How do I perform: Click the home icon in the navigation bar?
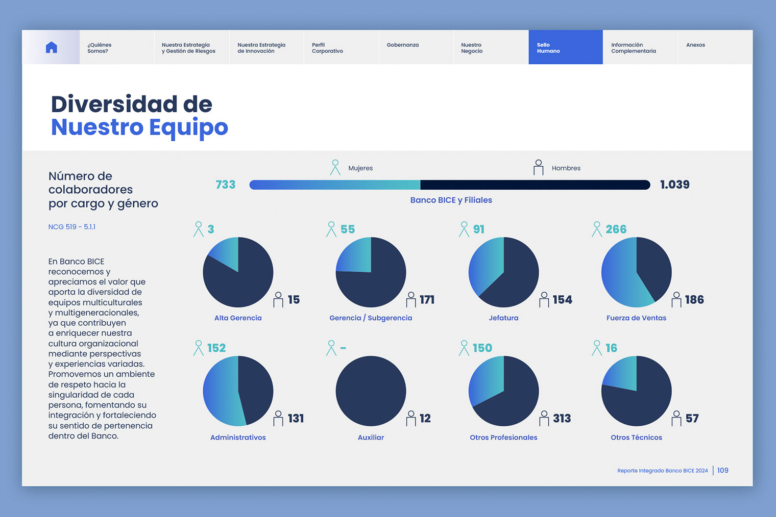(x=51, y=47)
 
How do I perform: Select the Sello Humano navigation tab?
(x=565, y=47)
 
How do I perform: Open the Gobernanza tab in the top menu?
(x=403, y=45)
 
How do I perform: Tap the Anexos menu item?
(x=695, y=45)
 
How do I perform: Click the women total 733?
(x=225, y=185)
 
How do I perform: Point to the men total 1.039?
(x=674, y=185)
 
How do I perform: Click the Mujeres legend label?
(x=360, y=168)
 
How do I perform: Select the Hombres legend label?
(x=566, y=168)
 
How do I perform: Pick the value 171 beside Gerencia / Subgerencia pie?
(x=427, y=300)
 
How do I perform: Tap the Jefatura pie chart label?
(x=503, y=318)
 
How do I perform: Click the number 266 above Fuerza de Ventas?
(x=616, y=229)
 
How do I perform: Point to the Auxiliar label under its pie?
(x=371, y=437)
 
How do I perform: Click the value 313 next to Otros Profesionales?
(x=562, y=419)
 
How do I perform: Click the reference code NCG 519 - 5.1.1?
(x=72, y=227)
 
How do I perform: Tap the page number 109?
(x=722, y=471)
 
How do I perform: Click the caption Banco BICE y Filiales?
(x=451, y=200)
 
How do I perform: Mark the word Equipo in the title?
(x=188, y=127)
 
